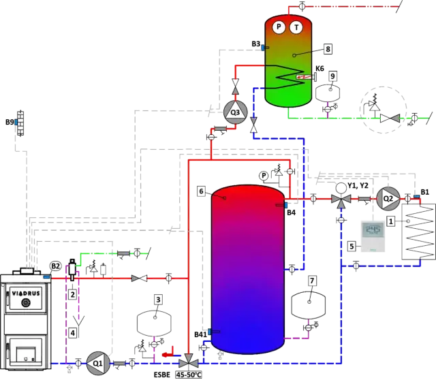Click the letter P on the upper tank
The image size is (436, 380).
279,27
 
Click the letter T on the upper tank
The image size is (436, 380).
297,27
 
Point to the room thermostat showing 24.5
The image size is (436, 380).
373,233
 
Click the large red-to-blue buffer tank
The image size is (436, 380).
247,266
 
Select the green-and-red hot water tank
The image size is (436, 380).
288,61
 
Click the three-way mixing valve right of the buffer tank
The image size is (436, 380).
339,200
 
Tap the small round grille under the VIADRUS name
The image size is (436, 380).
25,302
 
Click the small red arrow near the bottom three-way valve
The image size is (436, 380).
168,354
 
